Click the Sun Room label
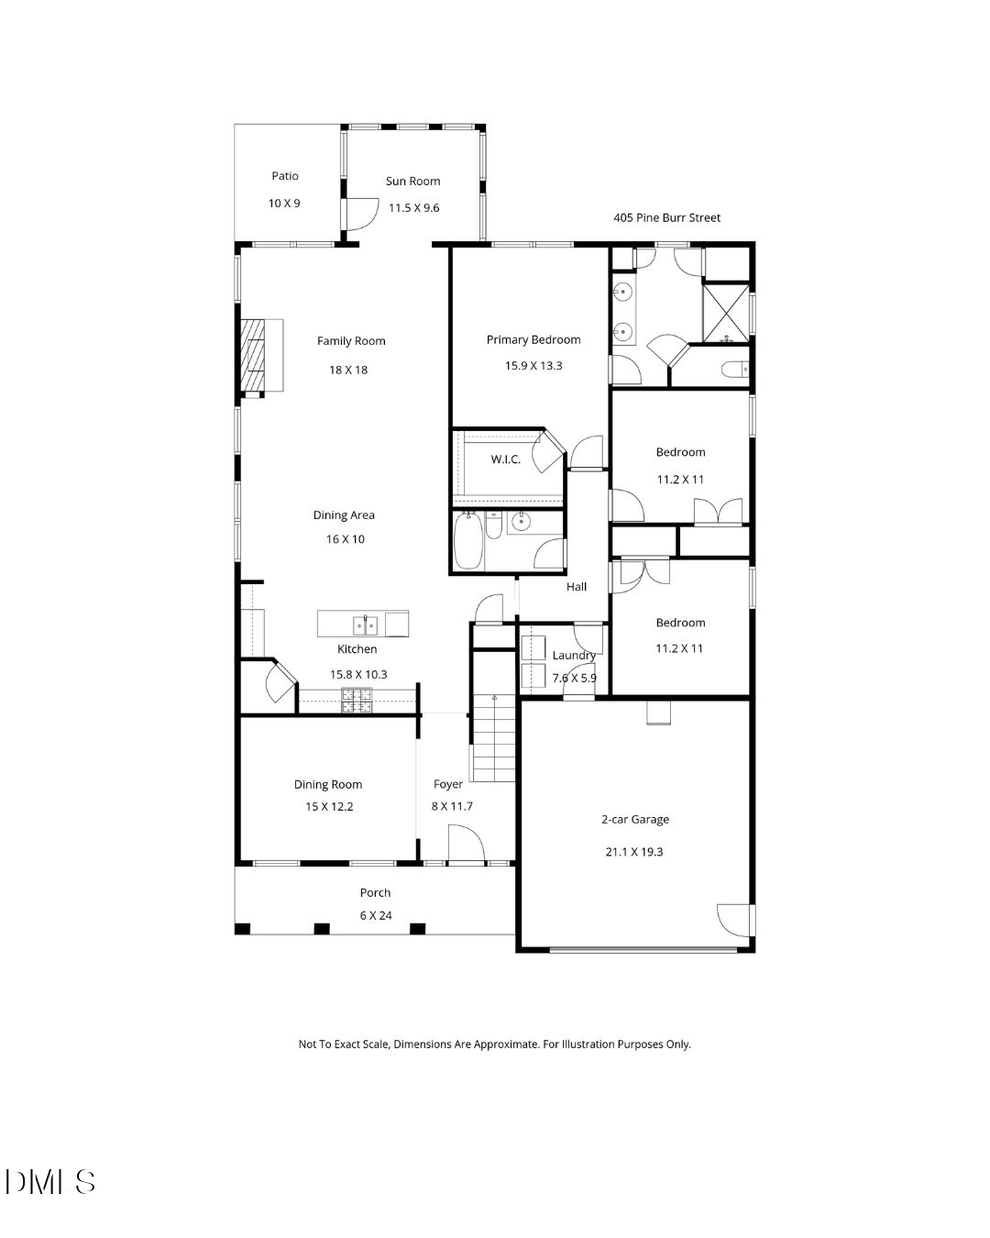[412, 182]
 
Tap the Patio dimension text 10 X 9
[284, 204]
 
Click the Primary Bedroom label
[533, 340]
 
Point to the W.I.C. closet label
[505, 459]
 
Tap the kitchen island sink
[365, 625]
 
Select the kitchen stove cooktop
[357, 701]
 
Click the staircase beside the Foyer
[493, 737]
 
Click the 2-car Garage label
[634, 820]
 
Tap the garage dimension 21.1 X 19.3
[634, 852]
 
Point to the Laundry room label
[574, 656]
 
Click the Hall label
[577, 587]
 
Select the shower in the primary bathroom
[726, 313]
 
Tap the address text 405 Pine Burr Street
[666, 218]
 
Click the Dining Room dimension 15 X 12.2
[329, 807]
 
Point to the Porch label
[375, 893]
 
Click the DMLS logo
[50, 1181]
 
